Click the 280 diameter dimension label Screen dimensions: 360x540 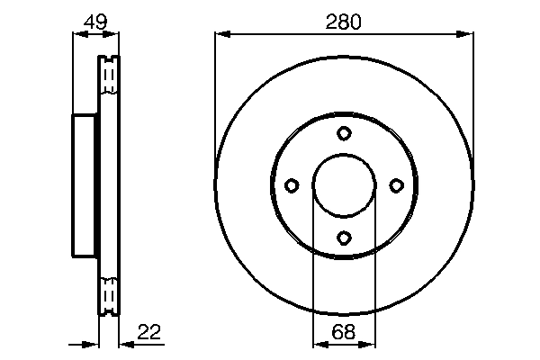point(343,22)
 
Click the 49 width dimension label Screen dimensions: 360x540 point(94,22)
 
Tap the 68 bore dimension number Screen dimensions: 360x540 point(343,331)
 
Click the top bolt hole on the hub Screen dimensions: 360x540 point(344,134)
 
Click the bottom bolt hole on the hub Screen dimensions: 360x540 point(344,238)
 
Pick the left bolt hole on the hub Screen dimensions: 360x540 point(292,185)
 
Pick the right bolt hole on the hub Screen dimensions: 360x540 point(396,185)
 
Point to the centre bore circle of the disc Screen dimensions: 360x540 point(344,185)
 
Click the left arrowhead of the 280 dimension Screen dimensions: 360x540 point(221,34)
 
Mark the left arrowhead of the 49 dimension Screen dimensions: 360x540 point(77,34)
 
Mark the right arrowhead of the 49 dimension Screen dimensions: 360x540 point(112,34)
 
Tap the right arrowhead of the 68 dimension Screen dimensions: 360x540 point(369,343)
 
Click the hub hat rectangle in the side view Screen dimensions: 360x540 point(85,185)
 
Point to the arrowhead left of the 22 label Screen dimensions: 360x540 point(123,343)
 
